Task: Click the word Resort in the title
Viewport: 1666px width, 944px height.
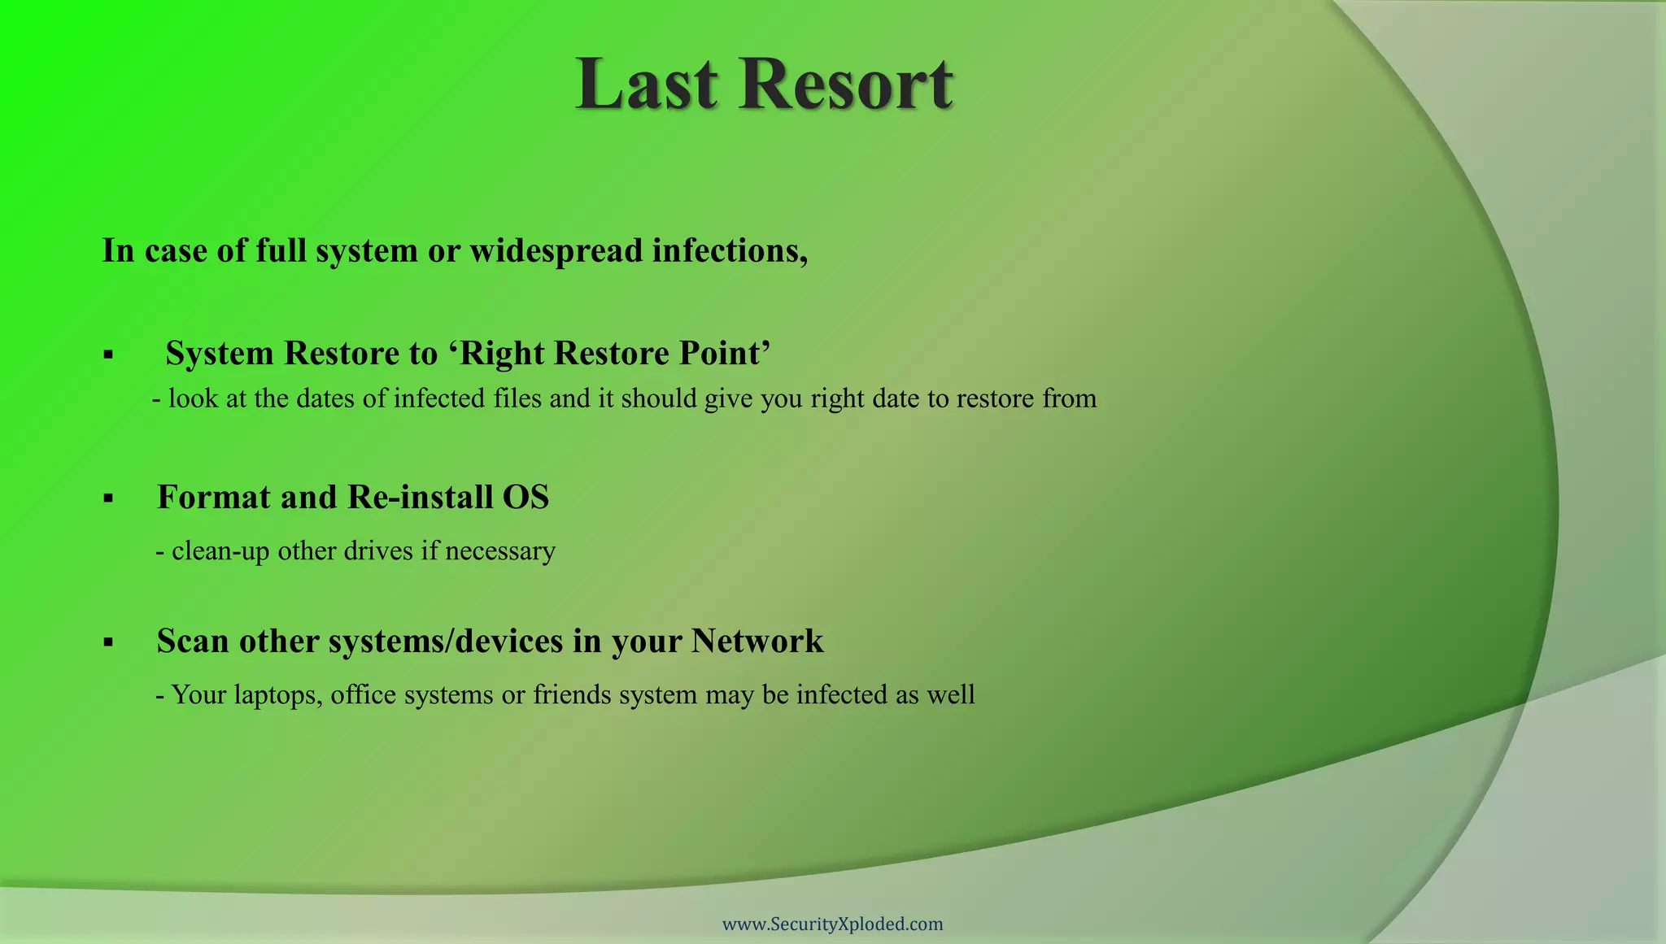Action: (x=846, y=85)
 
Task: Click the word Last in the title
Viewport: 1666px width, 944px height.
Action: (x=647, y=85)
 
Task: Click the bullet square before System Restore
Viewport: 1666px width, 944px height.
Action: (x=108, y=355)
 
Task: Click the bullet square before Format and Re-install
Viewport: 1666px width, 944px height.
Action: (x=108, y=498)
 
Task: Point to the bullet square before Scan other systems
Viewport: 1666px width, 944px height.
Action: (x=108, y=642)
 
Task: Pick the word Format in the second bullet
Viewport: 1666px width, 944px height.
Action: (x=213, y=497)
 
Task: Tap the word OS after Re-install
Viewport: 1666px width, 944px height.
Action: (x=526, y=497)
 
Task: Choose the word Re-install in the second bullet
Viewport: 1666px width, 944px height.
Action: (x=420, y=497)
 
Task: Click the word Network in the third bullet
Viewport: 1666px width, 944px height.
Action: (x=757, y=641)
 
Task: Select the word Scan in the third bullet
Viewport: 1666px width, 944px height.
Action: (x=192, y=641)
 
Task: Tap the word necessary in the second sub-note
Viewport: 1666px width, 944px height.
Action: (x=500, y=551)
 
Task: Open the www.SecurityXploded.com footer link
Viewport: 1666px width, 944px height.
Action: (x=833, y=924)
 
